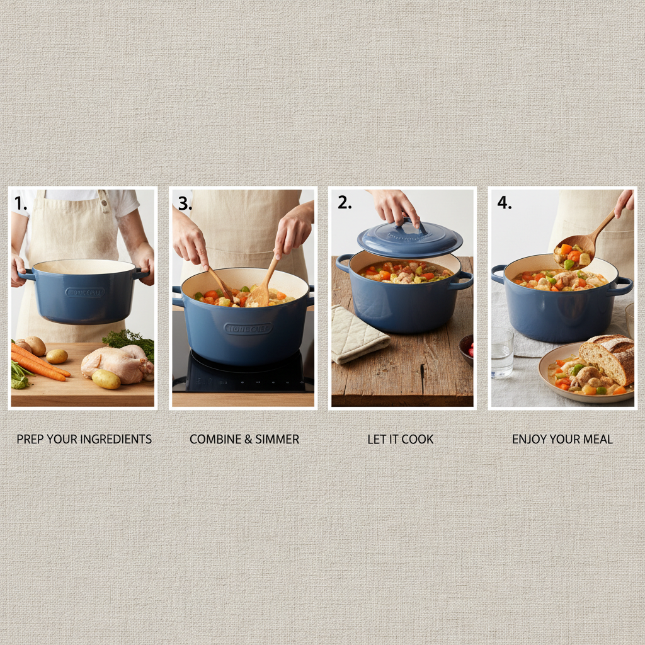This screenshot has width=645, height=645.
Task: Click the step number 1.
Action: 20,203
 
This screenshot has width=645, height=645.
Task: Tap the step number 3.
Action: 184,203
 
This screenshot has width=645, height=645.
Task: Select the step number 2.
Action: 344,202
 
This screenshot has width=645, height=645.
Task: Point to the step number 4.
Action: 504,203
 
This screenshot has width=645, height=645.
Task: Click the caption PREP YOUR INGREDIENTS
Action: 84,439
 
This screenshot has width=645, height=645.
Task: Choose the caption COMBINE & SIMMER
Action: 244,439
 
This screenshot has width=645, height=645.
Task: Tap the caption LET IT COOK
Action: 401,439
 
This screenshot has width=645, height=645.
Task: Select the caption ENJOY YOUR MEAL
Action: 562,439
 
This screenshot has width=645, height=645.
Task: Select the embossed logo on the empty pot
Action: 85,292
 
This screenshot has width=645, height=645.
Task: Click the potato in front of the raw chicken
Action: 106,379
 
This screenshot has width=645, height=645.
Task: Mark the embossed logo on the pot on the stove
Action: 248,328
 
